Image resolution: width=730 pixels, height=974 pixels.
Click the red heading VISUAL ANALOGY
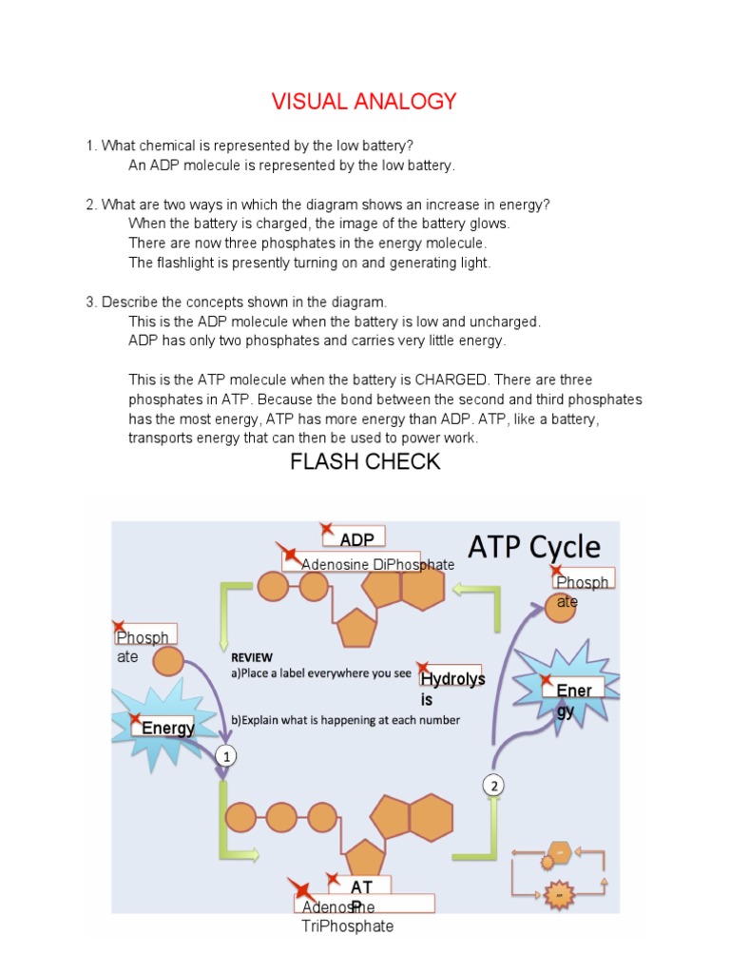tap(364, 102)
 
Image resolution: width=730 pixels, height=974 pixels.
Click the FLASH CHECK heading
tap(364, 462)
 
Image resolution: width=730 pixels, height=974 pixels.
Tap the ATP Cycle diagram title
tap(533, 547)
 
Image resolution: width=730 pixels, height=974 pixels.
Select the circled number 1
tap(225, 756)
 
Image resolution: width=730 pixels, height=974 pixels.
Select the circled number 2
tap(492, 785)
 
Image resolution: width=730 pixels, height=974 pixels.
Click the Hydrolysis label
tap(451, 687)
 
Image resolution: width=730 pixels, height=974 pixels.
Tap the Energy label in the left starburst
tap(167, 729)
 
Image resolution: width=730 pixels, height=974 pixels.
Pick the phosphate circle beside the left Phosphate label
tap(168, 662)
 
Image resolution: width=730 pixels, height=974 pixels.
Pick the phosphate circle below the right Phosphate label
tap(560, 609)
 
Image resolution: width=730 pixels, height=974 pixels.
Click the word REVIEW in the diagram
tap(251, 657)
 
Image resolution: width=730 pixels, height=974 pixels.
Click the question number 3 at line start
tap(90, 302)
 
